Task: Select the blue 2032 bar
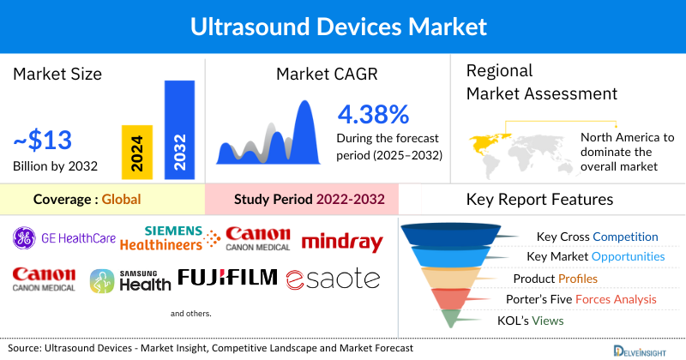tap(178, 129)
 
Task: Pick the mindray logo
tap(342, 243)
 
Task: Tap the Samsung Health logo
tap(131, 280)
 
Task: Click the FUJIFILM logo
tap(228, 277)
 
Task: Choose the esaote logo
tap(333, 279)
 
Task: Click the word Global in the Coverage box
tap(121, 200)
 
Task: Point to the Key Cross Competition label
tap(597, 237)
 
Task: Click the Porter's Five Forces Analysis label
tap(585, 299)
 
